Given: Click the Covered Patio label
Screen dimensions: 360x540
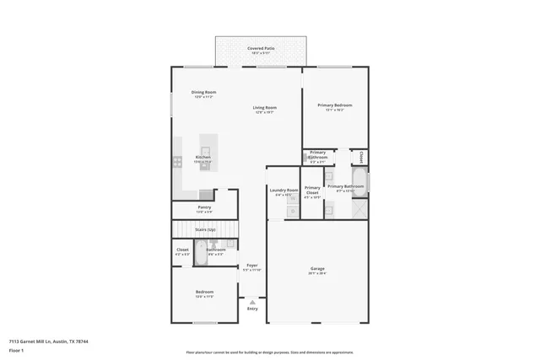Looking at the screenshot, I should (x=261, y=49).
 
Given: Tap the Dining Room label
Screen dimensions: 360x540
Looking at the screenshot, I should (x=203, y=92).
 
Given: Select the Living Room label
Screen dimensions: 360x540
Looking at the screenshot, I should (x=265, y=108).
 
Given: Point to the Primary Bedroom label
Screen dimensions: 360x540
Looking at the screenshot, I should (x=335, y=105).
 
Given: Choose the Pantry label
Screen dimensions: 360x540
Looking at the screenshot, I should (x=204, y=207).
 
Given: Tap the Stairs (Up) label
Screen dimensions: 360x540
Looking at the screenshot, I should (x=205, y=228).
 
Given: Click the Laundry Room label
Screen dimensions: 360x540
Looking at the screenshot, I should (x=284, y=191).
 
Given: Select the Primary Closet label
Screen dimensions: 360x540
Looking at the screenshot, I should (x=312, y=190).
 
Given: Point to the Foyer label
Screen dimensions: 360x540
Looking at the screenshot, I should (x=252, y=266).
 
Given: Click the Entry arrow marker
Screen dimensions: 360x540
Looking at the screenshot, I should (x=252, y=300).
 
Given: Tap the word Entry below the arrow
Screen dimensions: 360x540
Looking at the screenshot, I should (x=252, y=309).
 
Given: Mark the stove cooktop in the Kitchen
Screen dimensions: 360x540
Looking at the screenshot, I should (x=178, y=159).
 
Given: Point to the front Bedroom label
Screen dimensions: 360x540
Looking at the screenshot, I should (x=204, y=293).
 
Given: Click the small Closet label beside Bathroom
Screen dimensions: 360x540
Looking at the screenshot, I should (x=182, y=250).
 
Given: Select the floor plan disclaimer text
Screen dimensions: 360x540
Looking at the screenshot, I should (x=269, y=352).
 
